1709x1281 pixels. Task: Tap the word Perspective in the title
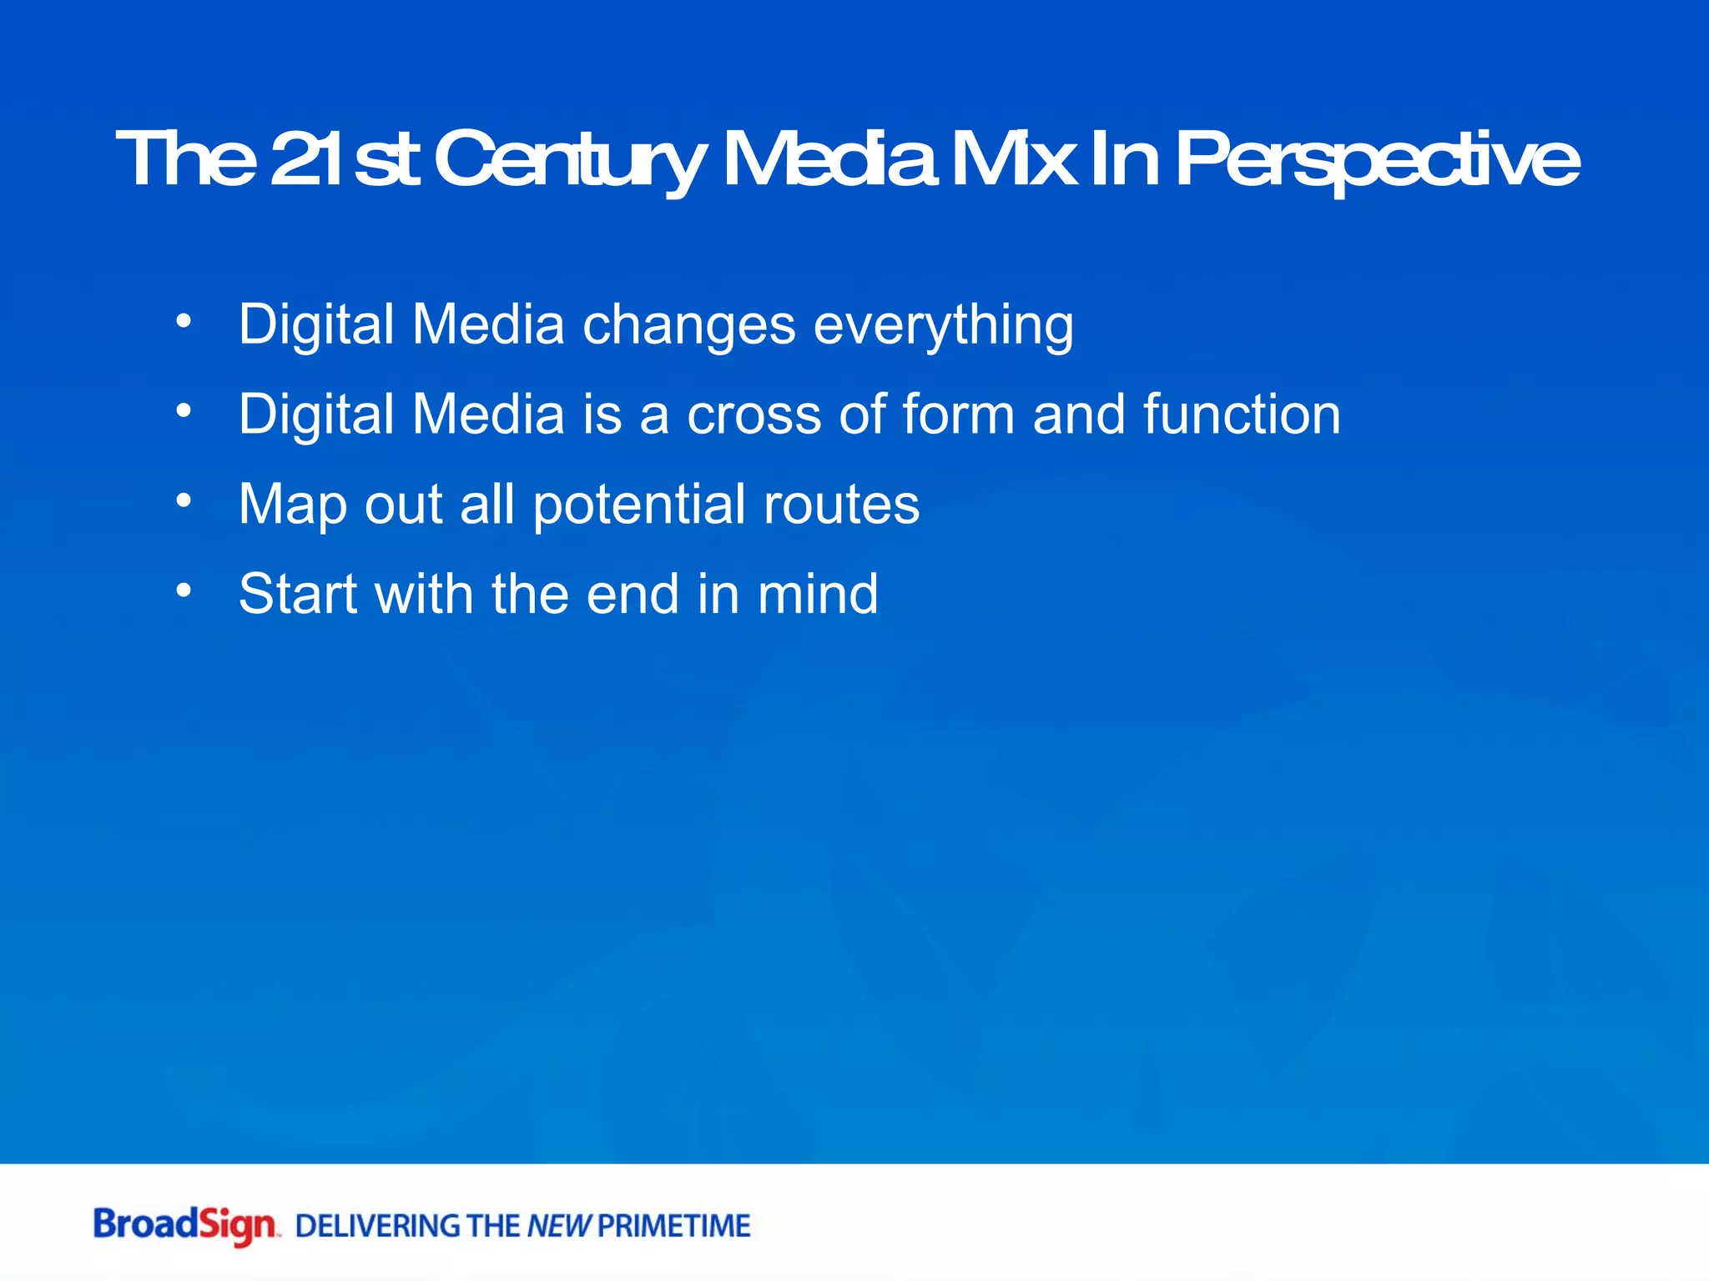point(1377,160)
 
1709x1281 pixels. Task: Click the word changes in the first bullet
point(688,325)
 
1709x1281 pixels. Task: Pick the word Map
point(292,505)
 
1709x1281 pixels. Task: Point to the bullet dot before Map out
point(184,500)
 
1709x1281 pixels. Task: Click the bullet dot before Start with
point(184,590)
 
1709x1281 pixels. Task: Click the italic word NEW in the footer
point(559,1226)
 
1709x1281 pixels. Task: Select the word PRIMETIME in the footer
point(674,1226)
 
